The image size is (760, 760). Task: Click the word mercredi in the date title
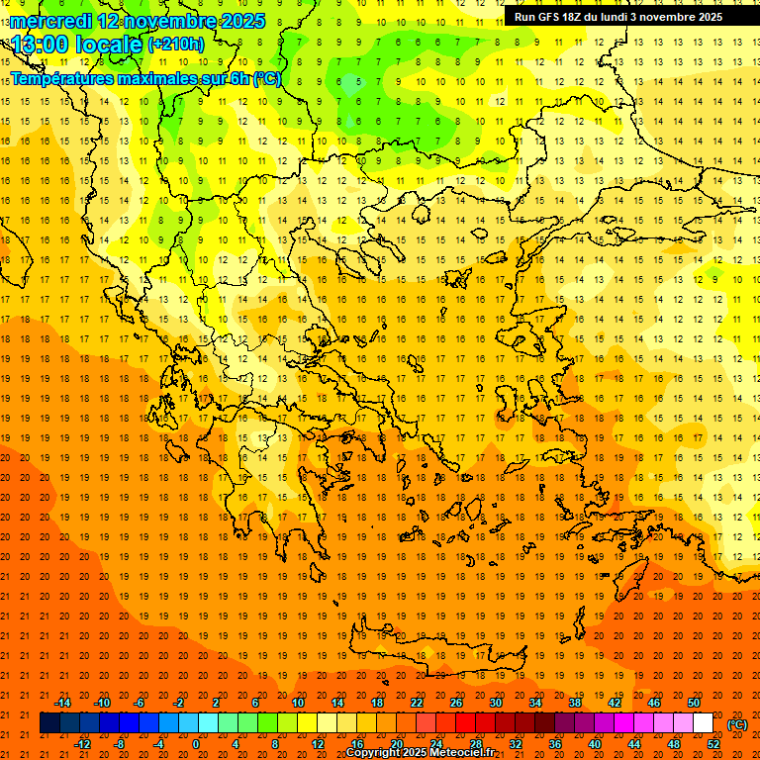tap(51, 21)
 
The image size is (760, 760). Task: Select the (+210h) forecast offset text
tap(176, 45)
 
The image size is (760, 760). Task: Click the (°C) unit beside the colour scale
tap(737, 724)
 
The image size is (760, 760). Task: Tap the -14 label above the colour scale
tap(62, 703)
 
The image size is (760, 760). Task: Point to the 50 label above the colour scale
tap(694, 703)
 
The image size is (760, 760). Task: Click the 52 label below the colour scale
tap(713, 744)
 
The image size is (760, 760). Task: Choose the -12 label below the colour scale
tap(82, 744)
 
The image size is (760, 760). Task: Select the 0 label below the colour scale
tap(196, 744)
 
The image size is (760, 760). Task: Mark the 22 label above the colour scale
tap(417, 703)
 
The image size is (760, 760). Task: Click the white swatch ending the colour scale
tap(703, 723)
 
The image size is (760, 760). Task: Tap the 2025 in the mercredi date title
tap(242, 21)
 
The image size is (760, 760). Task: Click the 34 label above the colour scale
tap(535, 703)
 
